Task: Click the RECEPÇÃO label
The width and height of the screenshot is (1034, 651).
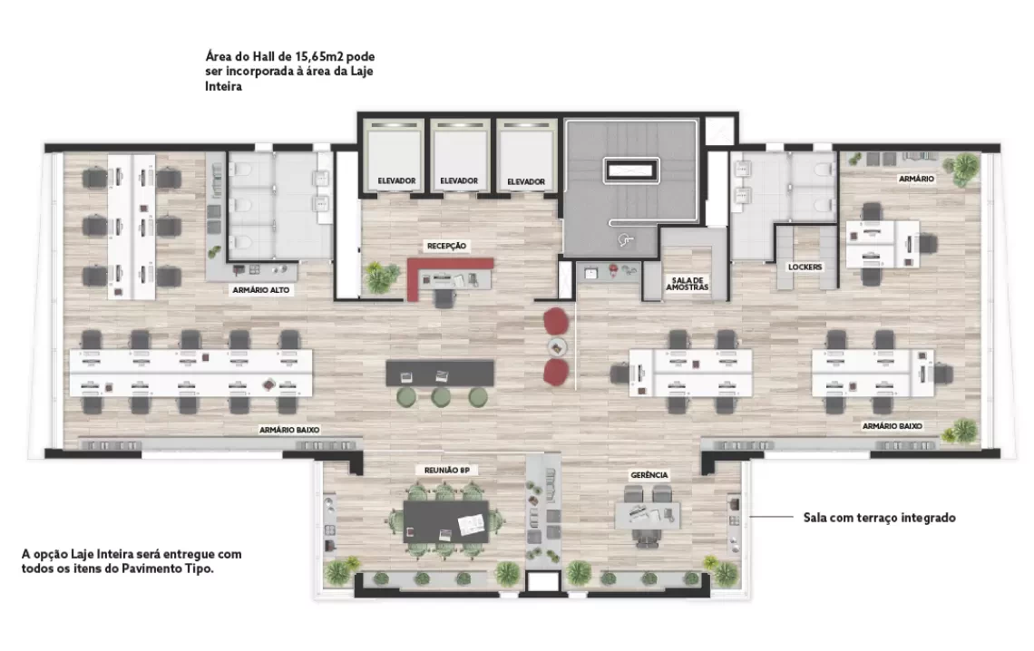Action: pyautogui.click(x=446, y=246)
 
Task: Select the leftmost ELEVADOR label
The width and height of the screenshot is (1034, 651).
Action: pyautogui.click(x=396, y=180)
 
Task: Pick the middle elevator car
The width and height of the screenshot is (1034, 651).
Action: pyautogui.click(x=459, y=156)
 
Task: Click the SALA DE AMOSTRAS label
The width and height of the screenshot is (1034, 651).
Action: pyautogui.click(x=687, y=283)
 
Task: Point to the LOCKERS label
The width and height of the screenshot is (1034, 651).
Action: pyautogui.click(x=805, y=267)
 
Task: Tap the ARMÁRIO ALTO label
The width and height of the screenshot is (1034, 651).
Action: pyautogui.click(x=260, y=290)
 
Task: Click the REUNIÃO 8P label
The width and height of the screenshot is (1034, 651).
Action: pyautogui.click(x=446, y=471)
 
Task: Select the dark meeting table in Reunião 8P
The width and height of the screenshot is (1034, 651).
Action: pyautogui.click(x=445, y=521)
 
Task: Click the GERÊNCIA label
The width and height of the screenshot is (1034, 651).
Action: pyautogui.click(x=649, y=475)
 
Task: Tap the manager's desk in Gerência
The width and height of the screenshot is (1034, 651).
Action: pyautogui.click(x=647, y=516)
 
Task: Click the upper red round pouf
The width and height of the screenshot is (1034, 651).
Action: pyautogui.click(x=556, y=321)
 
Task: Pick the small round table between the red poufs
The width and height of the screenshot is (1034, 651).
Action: pyautogui.click(x=557, y=346)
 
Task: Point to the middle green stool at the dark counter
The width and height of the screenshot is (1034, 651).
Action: pyautogui.click(x=441, y=397)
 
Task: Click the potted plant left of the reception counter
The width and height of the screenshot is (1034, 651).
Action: pyautogui.click(x=378, y=277)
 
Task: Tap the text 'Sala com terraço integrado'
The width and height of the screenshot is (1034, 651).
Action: pyautogui.click(x=879, y=518)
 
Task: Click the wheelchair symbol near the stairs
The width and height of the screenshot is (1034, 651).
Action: pyautogui.click(x=625, y=240)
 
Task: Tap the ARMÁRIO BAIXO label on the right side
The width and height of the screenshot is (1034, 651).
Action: pyautogui.click(x=893, y=426)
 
